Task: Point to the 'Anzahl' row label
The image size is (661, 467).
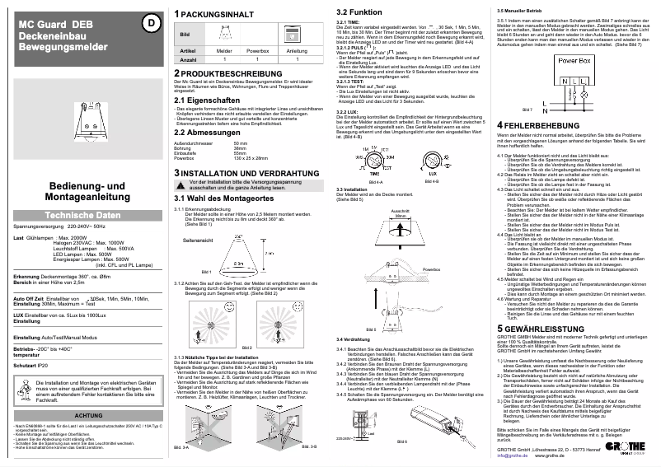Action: tap(189, 60)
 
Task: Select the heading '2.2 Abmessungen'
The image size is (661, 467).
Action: tap(207, 132)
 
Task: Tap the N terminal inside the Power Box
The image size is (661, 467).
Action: tap(564, 81)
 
